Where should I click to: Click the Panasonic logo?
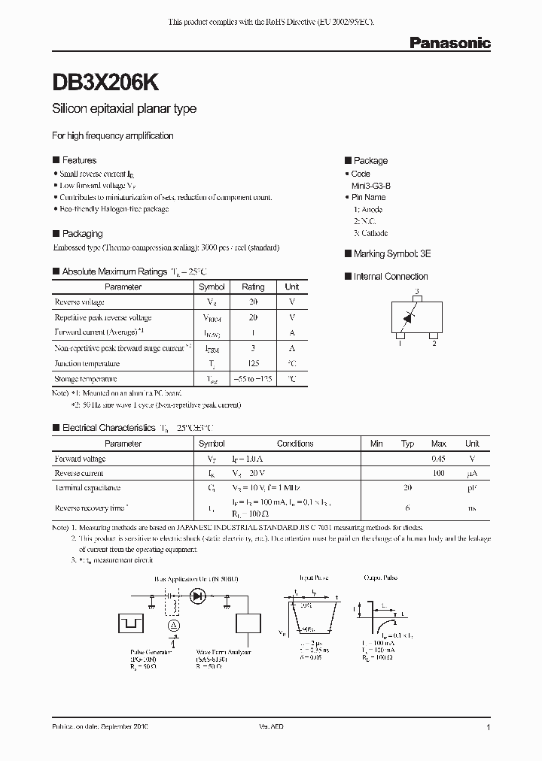click(449, 44)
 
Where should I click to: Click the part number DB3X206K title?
click(105, 82)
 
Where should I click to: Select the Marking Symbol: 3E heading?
click(391, 254)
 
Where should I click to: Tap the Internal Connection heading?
click(390, 277)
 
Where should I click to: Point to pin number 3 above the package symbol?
click(416, 291)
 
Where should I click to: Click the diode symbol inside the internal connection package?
click(408, 317)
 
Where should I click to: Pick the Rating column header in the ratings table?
click(253, 287)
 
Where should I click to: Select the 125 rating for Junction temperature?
click(253, 363)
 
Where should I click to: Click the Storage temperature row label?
click(86, 379)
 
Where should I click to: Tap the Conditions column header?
click(295, 444)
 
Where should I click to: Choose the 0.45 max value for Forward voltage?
click(438, 459)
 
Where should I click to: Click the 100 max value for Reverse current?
click(438, 474)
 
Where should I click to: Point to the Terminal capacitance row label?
click(89, 489)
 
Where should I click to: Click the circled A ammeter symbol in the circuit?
click(174, 625)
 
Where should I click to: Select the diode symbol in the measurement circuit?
click(199, 596)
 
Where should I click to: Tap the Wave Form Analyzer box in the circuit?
click(248, 623)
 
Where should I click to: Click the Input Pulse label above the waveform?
click(312, 578)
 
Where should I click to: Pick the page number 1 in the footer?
click(489, 728)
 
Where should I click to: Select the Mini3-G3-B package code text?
click(370, 185)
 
